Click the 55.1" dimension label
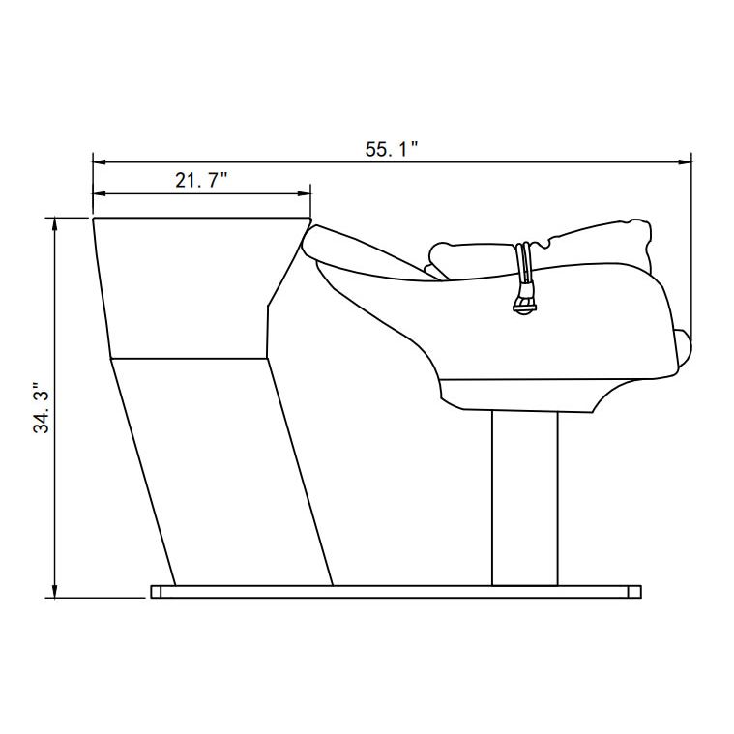[x=391, y=149]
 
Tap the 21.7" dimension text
[x=201, y=180]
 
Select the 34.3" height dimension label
[x=42, y=408]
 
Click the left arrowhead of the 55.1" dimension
[x=100, y=161]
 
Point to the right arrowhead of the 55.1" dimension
[x=685, y=161]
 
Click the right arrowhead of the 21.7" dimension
[x=305, y=193]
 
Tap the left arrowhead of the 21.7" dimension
[x=100, y=193]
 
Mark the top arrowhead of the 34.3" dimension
[x=55, y=223]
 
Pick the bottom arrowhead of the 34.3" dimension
[x=55, y=591]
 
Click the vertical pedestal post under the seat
[x=525, y=499]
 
